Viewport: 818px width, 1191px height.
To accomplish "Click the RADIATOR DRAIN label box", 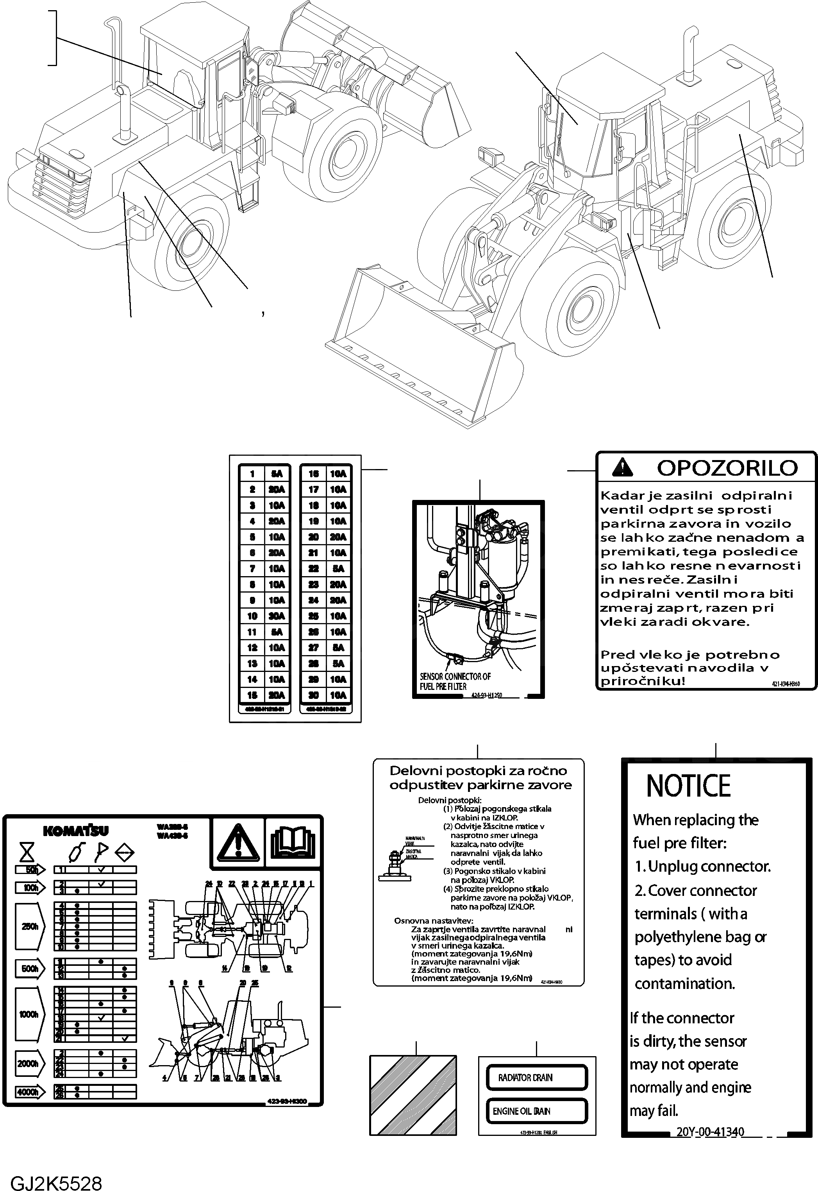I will pos(536,1078).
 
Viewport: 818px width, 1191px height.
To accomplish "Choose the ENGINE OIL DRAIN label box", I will pos(536,1111).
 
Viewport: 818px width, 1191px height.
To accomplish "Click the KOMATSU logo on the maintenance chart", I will pos(75,831).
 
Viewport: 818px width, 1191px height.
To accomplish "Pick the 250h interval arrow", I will pos(30,926).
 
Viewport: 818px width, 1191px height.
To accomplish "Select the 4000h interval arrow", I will pos(30,1092).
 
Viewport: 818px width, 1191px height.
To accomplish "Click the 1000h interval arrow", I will pos(30,1014).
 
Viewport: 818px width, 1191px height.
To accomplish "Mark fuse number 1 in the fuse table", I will pos(252,474).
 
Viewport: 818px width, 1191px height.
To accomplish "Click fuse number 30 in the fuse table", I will pos(314,695).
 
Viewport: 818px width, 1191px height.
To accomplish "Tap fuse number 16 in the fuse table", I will pos(314,474).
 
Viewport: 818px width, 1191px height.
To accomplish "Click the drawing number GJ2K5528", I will pos(56,1180).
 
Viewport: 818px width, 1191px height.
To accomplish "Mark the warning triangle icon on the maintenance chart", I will pos(238,843).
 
